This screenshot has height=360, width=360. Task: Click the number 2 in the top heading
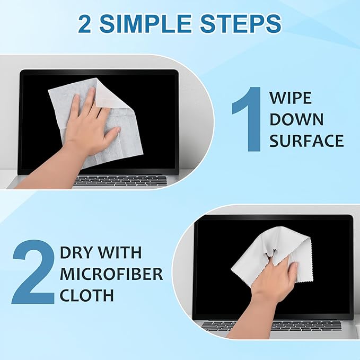87,24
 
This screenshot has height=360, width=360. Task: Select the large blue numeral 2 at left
33,274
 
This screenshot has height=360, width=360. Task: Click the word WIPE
290,99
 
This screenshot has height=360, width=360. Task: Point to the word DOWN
296,119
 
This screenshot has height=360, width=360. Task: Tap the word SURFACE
306,141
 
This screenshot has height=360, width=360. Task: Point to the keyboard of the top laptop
120,180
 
